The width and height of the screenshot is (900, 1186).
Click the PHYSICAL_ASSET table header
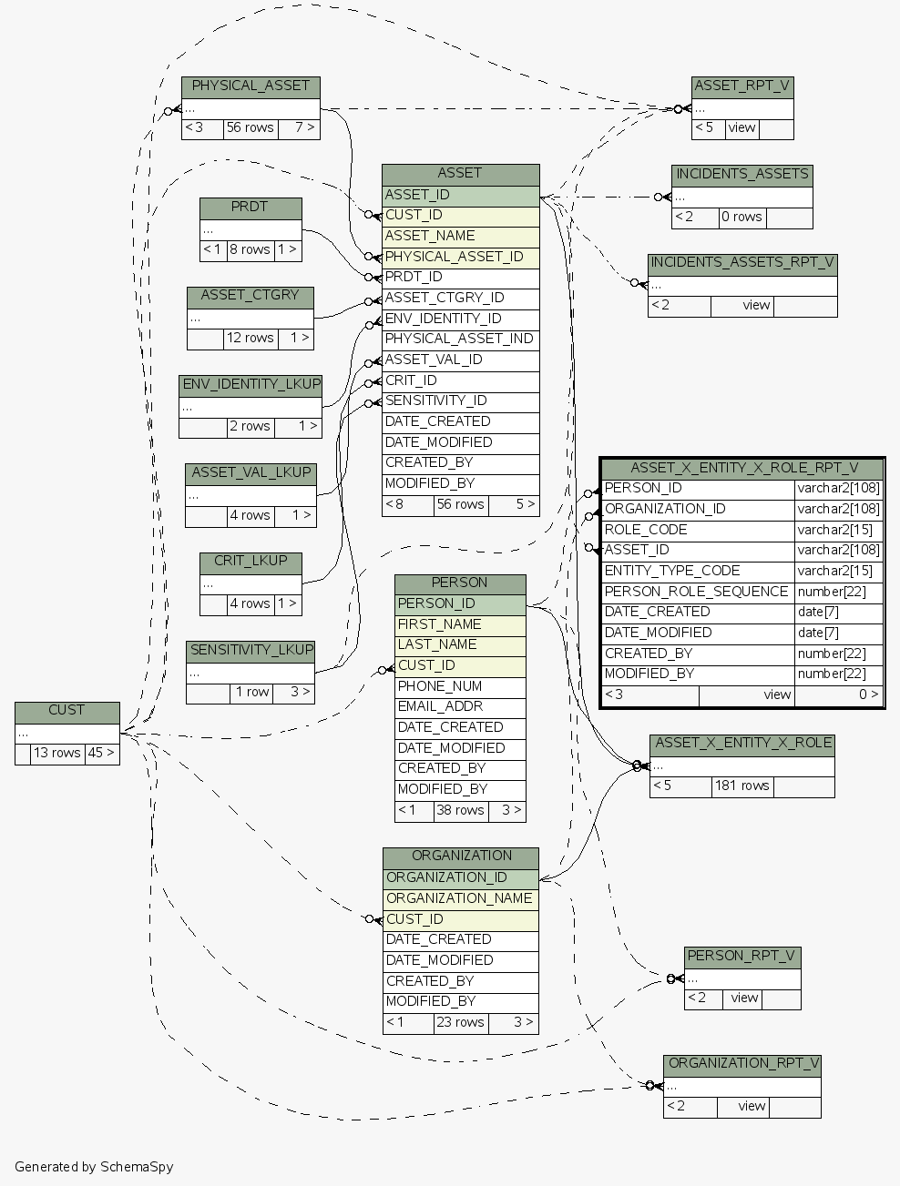[x=251, y=86]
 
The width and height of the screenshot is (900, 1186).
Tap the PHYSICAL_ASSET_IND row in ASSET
[x=459, y=339]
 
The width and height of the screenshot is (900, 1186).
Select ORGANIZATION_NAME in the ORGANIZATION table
[x=459, y=898]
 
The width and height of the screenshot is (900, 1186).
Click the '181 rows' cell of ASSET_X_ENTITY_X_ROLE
[x=741, y=786]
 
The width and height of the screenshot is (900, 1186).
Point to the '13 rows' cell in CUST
[x=57, y=753]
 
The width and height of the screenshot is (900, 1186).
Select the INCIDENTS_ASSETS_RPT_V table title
[x=742, y=263]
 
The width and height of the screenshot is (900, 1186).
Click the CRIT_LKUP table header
[x=251, y=561]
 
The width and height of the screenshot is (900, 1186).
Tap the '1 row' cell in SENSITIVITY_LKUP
[x=251, y=692]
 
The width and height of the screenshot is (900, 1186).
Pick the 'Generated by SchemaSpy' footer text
[x=94, y=1167]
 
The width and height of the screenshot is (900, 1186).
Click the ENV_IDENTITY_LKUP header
[x=251, y=384]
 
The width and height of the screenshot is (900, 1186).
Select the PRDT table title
[x=250, y=208]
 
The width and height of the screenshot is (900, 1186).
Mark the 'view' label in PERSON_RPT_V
[x=744, y=998]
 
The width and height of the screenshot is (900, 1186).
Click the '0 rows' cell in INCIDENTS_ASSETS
[x=741, y=217]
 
